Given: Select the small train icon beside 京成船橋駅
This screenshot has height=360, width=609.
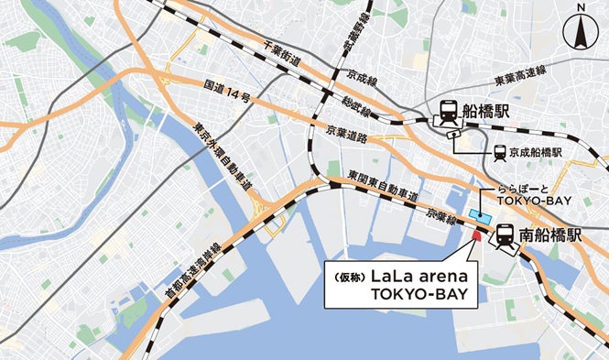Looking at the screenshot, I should tap(500, 153).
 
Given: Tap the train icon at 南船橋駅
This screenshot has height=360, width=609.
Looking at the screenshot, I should tap(506, 235).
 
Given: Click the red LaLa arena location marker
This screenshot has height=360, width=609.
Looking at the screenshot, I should tap(475, 236).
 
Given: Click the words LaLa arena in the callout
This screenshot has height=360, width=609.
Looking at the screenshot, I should tap(420, 275).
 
